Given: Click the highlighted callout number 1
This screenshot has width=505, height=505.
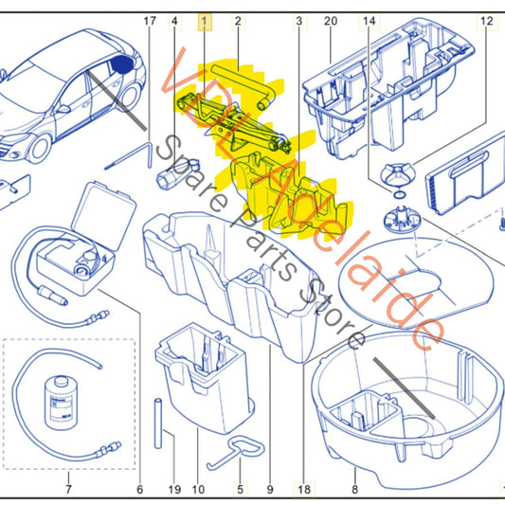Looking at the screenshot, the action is (205, 22).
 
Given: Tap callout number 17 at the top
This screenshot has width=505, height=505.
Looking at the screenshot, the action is (150, 21).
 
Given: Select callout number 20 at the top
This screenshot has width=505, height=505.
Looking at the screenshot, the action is (331, 21).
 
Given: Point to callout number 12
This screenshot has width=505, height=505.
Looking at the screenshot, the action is (487, 21).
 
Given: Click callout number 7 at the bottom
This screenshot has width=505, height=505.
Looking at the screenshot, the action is (68, 490).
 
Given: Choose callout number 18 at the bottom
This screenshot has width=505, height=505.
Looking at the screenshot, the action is (304, 490).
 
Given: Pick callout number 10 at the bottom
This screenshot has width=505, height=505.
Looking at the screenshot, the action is (198, 490).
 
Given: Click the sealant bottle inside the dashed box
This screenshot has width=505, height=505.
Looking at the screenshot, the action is (61, 403).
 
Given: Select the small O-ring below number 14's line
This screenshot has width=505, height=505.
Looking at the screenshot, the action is (399, 194).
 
